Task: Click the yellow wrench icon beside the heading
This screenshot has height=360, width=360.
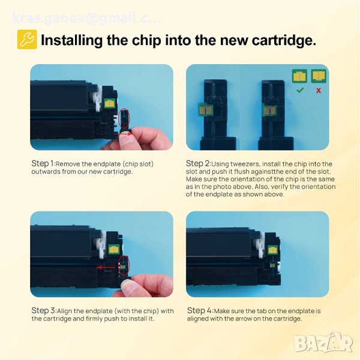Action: tap(27, 39)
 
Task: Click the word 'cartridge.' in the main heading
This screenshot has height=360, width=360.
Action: tap(284, 40)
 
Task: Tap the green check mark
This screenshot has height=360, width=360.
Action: tap(300, 90)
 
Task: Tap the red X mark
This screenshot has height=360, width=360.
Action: tap(319, 91)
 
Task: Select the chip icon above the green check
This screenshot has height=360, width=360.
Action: tap(299, 76)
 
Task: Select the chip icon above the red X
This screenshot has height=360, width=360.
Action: tap(319, 76)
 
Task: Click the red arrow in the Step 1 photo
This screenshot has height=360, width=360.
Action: tap(123, 134)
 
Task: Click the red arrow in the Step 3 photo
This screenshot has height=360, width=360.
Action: tap(106, 267)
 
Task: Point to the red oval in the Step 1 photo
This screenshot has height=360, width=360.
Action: tap(124, 118)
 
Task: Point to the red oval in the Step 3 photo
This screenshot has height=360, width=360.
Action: tap(124, 266)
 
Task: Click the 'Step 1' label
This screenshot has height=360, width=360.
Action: tap(43, 164)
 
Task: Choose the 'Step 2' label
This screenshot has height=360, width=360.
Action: tap(197, 164)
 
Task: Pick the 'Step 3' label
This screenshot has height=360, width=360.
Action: tap(43, 311)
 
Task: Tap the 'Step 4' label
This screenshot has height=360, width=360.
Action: tap(199, 311)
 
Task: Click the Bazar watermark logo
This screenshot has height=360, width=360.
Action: tap(323, 343)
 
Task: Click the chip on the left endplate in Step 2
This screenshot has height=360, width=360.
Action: tap(205, 110)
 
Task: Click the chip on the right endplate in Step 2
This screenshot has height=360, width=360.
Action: tap(269, 110)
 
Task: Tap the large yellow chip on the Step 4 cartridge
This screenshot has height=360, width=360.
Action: tap(272, 250)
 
